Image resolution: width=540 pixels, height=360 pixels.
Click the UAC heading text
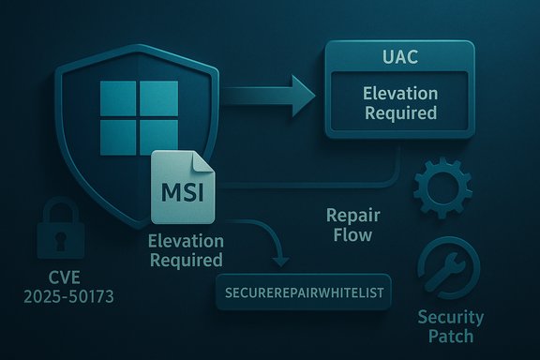pyautogui.click(x=401, y=57)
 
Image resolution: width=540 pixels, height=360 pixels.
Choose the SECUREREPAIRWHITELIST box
pyautogui.click(x=303, y=292)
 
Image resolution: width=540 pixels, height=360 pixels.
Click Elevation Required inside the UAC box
pyautogui.click(x=401, y=103)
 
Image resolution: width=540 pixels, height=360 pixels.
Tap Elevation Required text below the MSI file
pyautogui.click(x=186, y=250)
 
